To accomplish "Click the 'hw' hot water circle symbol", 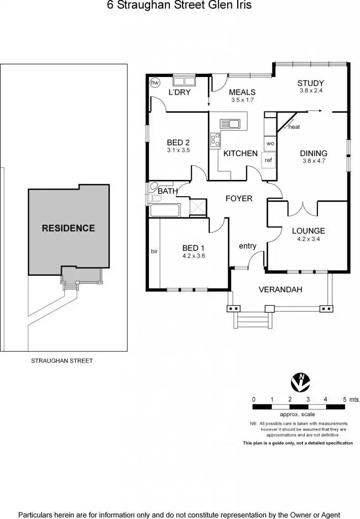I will tap(155, 82).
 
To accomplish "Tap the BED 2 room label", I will tap(178, 142).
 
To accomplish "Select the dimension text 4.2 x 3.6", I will tap(193, 256).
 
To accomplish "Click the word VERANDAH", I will tap(280, 290).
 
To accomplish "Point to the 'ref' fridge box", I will tap(268, 160).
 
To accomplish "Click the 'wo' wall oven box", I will tap(270, 143).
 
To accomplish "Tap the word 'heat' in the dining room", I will tap(294, 127).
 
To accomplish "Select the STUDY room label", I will tap(310, 83).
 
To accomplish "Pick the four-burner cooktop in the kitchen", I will tap(214, 139).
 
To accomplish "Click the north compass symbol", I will tap(299, 381).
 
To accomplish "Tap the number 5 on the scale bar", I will tap(345, 399).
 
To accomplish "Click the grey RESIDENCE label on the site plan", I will tap(68, 228).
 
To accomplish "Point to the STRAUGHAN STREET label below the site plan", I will tap(62, 361).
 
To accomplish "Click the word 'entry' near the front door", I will tap(247, 246).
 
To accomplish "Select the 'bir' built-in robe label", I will tap(154, 251).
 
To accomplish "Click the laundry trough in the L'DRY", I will tap(184, 81).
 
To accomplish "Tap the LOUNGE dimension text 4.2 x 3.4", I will tap(308, 239).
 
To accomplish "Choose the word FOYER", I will tap(239, 198).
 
